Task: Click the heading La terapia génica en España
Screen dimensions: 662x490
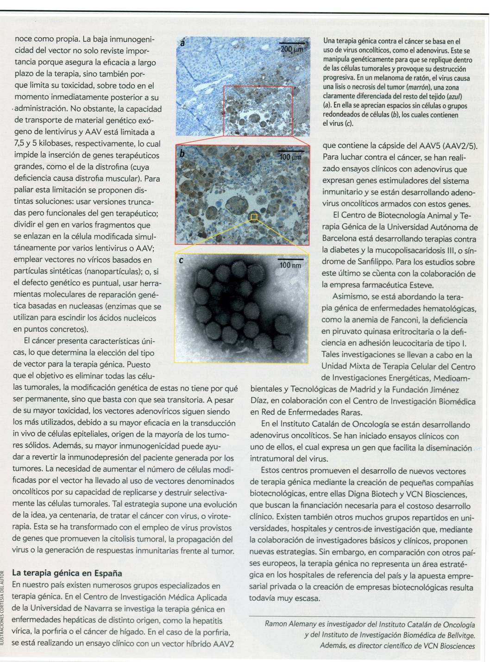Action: pos(67,573)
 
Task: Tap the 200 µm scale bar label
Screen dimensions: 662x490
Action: pos(292,48)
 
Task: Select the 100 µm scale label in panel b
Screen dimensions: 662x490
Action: pos(290,157)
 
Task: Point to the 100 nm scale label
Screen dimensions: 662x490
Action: pos(290,265)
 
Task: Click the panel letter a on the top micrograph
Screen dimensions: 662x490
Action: pos(182,44)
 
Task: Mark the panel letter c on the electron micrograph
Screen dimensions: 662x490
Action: pos(181,261)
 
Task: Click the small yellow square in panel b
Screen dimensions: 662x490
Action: pos(254,216)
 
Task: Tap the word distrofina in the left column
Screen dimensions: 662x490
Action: pos(107,167)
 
